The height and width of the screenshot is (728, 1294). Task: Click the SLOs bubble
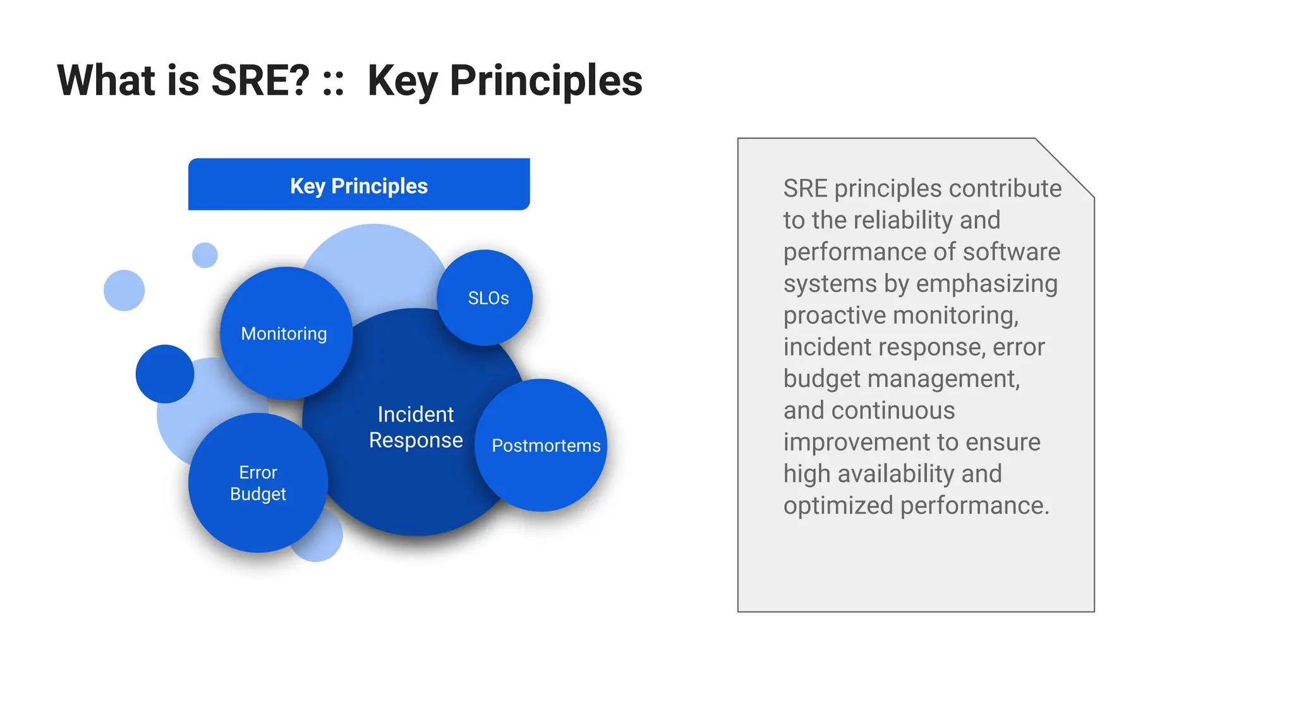click(x=485, y=298)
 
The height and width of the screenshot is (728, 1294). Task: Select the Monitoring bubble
click(x=286, y=333)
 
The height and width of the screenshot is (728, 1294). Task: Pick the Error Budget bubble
click(x=258, y=483)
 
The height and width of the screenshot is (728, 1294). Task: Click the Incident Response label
click(x=416, y=427)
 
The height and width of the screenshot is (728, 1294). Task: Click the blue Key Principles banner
click(x=359, y=185)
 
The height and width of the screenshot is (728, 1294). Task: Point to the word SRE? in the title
click(x=260, y=81)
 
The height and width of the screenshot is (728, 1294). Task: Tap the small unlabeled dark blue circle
click(x=165, y=373)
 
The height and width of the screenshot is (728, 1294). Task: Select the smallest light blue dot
click(x=205, y=255)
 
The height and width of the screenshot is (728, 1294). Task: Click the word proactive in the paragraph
click(x=834, y=315)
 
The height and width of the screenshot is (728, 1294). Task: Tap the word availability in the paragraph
click(x=896, y=474)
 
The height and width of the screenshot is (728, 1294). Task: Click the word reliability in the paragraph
click(x=904, y=221)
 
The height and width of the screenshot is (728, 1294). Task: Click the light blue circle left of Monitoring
click(x=124, y=290)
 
